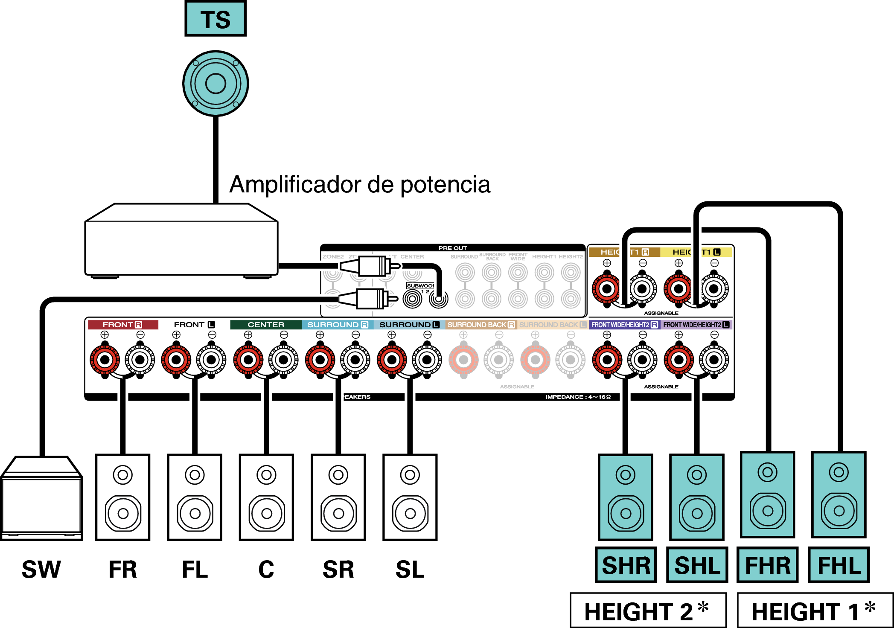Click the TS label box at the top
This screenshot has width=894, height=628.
point(215,19)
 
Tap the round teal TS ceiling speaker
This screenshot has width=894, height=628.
point(215,84)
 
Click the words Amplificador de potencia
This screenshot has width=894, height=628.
point(360,184)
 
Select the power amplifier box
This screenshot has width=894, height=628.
point(181,241)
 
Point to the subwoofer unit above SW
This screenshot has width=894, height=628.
point(41,499)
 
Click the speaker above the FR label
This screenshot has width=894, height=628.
point(123,497)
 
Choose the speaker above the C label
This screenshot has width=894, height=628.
point(266,497)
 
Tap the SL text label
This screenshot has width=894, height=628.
point(410,570)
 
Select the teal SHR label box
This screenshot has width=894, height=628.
point(626,565)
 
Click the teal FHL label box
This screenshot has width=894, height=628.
point(839,565)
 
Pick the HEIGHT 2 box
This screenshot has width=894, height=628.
point(648,611)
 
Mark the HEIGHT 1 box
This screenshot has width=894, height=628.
point(815,611)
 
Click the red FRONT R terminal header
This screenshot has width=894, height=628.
point(122,325)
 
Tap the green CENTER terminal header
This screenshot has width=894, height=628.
point(265,325)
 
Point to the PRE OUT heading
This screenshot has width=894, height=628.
point(453,248)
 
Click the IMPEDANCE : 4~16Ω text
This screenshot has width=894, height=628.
point(578,397)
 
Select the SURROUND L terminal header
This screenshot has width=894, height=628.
point(409,325)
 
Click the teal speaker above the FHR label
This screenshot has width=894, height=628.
point(768,495)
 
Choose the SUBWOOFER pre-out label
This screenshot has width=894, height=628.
point(420,285)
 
